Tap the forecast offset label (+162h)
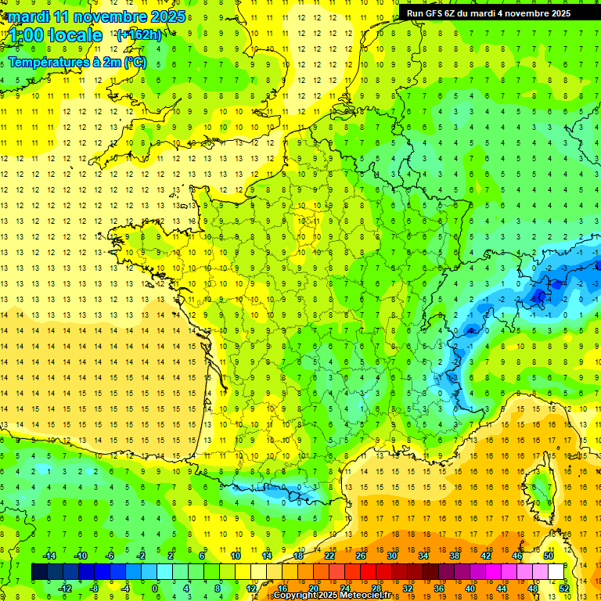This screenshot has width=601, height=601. (x=139, y=34)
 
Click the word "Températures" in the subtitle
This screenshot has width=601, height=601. (x=48, y=62)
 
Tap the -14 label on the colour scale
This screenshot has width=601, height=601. (x=49, y=556)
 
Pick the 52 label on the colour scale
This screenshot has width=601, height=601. (x=564, y=588)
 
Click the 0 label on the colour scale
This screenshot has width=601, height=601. (x=154, y=588)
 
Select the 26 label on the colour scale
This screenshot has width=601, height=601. (x=361, y=556)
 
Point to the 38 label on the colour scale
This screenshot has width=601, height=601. (x=454, y=556)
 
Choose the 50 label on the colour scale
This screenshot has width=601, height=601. (x=549, y=556)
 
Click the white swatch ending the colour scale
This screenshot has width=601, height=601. (x=556, y=572)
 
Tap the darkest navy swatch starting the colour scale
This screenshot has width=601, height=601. (x=40, y=572)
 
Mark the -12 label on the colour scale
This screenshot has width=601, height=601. (x=65, y=588)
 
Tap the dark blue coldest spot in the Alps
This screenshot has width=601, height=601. (x=539, y=295)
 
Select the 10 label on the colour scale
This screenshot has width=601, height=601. (x=236, y=556)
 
